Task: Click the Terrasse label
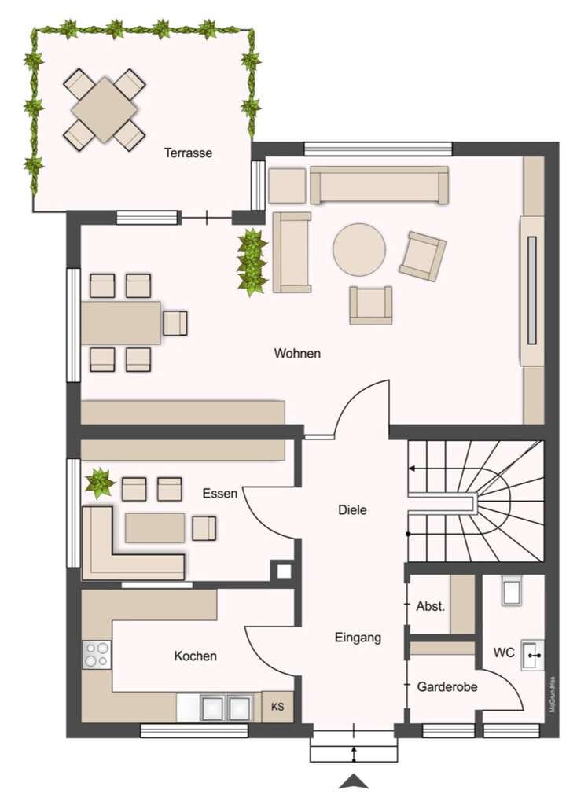[x=188, y=153]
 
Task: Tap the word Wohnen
[x=297, y=353]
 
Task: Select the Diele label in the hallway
[x=352, y=509]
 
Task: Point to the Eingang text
[x=358, y=638]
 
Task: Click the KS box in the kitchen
[x=277, y=707]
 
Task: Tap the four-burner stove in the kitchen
[x=97, y=655]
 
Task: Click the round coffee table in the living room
[x=359, y=249]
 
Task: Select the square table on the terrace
[x=105, y=109]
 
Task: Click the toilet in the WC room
[x=512, y=591]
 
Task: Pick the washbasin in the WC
[x=532, y=655]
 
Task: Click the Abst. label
[x=430, y=606]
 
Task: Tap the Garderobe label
[x=447, y=687]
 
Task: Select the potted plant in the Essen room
[x=100, y=483]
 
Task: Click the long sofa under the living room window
[x=379, y=185]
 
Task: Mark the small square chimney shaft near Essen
[x=283, y=571]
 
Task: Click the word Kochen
[x=195, y=656]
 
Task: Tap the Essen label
[x=220, y=494]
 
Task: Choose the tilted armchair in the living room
[x=422, y=255]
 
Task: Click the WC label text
[x=504, y=652]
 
